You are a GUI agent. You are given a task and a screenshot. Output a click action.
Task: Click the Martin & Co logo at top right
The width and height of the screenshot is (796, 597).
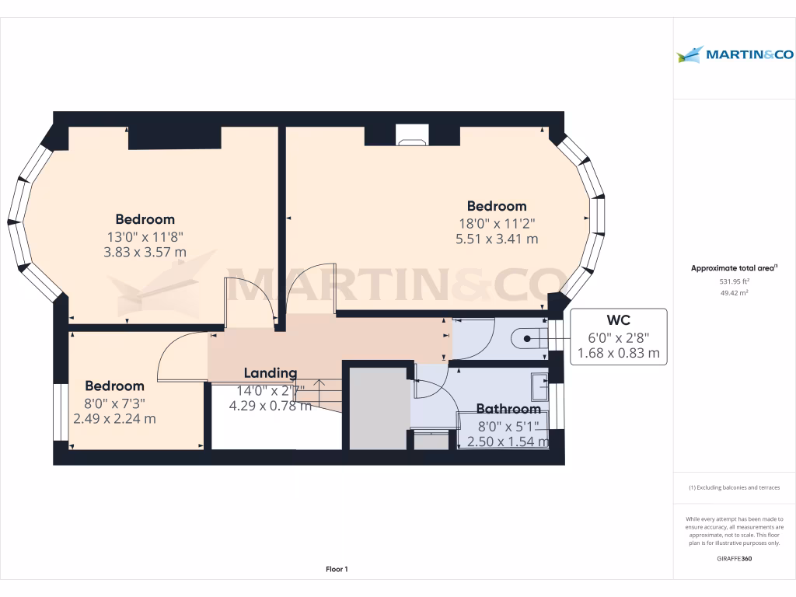[735, 54]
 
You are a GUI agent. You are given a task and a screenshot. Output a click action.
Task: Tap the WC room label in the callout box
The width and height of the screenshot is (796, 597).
[619, 319]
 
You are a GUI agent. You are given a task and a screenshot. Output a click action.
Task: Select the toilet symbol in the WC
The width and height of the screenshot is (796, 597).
[526, 338]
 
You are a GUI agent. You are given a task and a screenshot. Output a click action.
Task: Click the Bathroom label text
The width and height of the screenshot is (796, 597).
[508, 409]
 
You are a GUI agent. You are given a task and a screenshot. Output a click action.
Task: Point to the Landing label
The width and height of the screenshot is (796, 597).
[271, 373]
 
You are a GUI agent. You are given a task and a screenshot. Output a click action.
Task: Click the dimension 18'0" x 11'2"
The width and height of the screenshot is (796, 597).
[497, 223]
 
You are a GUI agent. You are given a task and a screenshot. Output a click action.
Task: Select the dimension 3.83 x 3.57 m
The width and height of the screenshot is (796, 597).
[145, 252]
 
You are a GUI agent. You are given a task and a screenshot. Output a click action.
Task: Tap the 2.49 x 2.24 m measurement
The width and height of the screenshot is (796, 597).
[114, 418]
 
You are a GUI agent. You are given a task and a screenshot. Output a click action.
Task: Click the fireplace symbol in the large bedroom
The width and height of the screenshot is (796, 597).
[411, 135]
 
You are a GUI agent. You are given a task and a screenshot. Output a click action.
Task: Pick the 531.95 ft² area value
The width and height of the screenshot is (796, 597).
[735, 281]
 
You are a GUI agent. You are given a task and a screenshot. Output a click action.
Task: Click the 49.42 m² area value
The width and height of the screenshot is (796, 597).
[735, 293]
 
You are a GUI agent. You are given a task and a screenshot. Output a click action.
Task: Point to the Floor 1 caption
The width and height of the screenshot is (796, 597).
[337, 570]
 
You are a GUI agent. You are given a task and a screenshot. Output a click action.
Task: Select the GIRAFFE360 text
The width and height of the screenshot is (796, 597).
[735, 559]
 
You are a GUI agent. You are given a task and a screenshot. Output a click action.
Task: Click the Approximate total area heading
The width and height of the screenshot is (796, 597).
[735, 268]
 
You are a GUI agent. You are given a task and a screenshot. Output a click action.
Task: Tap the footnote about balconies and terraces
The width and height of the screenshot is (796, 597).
[735, 487]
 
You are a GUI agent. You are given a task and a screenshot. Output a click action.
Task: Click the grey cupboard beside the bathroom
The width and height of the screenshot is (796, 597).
[379, 408]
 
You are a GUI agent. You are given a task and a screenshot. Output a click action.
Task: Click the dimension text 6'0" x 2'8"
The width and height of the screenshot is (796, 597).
[619, 337]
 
